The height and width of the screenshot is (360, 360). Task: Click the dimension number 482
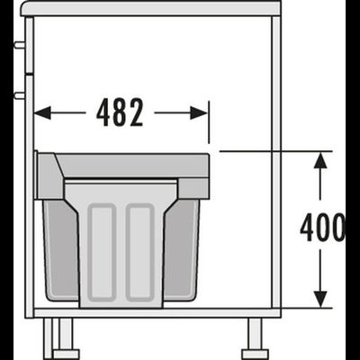point(120,112)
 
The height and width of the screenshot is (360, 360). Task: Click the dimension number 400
point(323,228)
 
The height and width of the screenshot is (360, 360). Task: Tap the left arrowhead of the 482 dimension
point(42,112)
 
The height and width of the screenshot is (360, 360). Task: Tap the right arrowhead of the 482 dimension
point(199,112)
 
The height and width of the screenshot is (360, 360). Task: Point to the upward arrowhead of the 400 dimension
point(321,160)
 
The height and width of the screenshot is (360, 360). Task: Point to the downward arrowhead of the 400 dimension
point(321,299)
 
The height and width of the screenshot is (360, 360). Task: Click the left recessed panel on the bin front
point(103,252)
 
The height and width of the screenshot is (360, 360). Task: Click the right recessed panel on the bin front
point(140,252)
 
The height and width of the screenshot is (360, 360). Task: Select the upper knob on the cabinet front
point(20,45)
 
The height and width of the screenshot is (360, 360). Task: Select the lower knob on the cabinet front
point(20,95)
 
